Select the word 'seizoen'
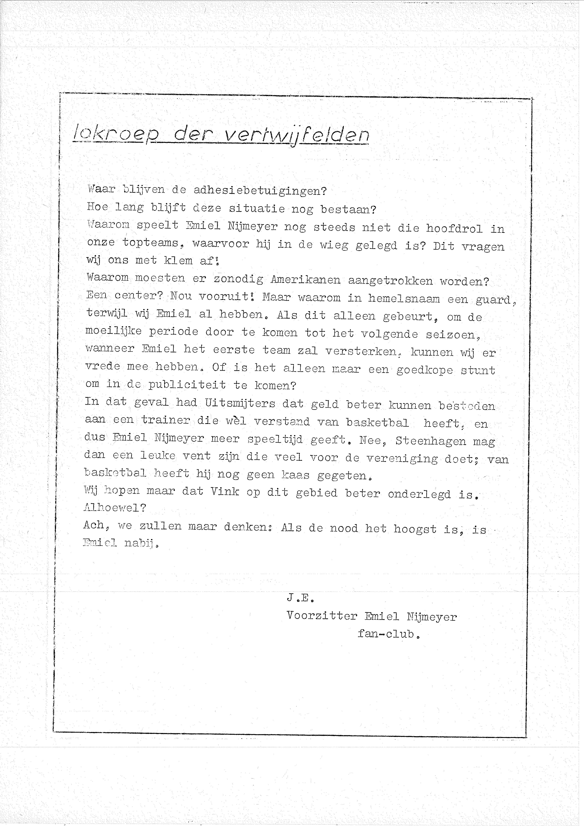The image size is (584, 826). pos(452,335)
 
